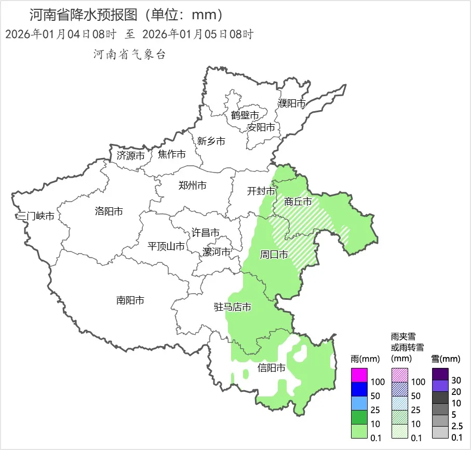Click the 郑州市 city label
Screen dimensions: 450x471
click(x=192, y=186)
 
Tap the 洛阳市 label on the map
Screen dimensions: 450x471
click(x=109, y=211)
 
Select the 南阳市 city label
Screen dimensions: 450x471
click(x=130, y=300)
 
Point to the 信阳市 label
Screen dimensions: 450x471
click(x=272, y=368)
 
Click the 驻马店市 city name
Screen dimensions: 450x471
click(x=233, y=307)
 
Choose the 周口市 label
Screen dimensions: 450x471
click(x=274, y=255)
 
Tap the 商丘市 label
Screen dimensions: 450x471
click(x=298, y=202)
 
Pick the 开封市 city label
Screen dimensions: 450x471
click(x=261, y=191)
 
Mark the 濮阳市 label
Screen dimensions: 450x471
click(x=292, y=103)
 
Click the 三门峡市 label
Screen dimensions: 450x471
click(x=35, y=216)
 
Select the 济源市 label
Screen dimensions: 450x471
click(x=130, y=155)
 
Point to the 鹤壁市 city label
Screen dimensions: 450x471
click(x=245, y=115)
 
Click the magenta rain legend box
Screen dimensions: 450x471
click(x=359, y=375)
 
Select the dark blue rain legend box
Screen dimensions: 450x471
click(x=359, y=389)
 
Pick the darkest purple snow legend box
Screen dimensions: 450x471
click(x=440, y=374)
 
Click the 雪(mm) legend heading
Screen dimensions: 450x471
click(x=446, y=359)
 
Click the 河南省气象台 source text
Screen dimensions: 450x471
click(x=129, y=55)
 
